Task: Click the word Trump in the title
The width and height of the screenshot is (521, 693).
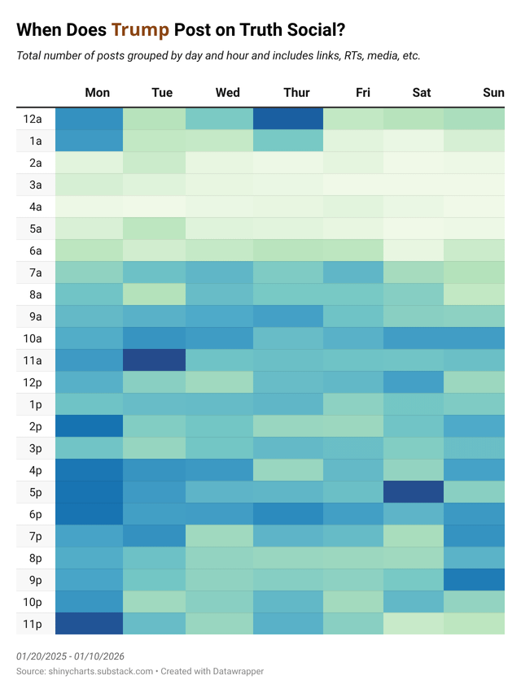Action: tap(141, 31)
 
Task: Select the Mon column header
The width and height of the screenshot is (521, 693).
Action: tap(98, 93)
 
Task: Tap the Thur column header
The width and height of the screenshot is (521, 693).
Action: tap(296, 93)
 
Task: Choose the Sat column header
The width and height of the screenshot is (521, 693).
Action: tap(422, 93)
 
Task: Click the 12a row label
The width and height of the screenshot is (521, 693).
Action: tap(33, 119)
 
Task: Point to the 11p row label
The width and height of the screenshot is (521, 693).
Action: tap(33, 624)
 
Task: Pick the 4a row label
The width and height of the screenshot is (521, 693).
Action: tap(33, 207)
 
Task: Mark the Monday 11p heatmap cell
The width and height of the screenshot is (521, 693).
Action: tap(90, 624)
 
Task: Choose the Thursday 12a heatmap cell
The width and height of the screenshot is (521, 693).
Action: tap(287, 119)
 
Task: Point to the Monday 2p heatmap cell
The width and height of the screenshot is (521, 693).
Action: tap(90, 426)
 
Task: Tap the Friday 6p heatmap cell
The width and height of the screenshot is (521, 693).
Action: tap(353, 514)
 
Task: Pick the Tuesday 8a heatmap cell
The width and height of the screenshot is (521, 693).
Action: tap(155, 294)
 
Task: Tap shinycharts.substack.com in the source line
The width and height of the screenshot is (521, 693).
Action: tap(102, 671)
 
